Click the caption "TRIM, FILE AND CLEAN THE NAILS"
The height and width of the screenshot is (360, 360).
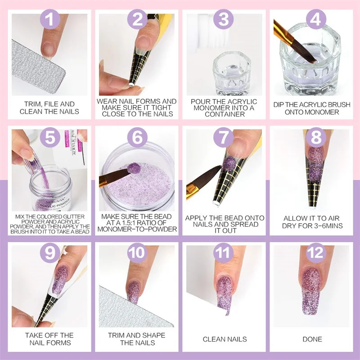pos(49,108)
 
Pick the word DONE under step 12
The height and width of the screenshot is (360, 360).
pos(312,339)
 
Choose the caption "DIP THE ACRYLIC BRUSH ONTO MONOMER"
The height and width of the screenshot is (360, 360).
pos(312,108)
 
